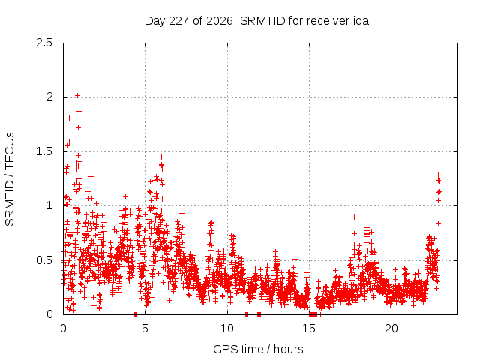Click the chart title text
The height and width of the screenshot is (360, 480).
(258, 21)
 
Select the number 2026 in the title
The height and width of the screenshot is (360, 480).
(220, 21)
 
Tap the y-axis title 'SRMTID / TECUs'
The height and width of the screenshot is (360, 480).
(10, 179)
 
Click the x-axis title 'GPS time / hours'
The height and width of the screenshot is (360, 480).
(258, 349)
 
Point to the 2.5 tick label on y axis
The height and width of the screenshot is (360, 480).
(44, 43)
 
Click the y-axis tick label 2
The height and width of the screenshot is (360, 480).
(49, 97)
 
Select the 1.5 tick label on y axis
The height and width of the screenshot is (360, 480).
(44, 151)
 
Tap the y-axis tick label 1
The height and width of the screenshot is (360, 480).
(49, 205)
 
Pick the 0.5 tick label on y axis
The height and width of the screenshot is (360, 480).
(44, 260)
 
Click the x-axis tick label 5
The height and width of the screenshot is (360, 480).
(145, 328)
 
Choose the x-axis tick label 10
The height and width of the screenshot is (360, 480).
(227, 328)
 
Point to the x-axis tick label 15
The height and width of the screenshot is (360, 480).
(309, 328)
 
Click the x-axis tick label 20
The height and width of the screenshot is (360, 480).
(391, 328)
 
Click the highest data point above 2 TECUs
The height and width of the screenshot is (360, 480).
(77, 95)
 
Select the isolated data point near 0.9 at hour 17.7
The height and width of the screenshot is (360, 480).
(354, 217)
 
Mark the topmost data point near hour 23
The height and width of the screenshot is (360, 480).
(438, 175)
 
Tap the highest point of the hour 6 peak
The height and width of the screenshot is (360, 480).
(162, 157)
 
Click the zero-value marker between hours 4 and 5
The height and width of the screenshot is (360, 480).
(135, 314)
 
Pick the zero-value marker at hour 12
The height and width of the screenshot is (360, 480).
(259, 314)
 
